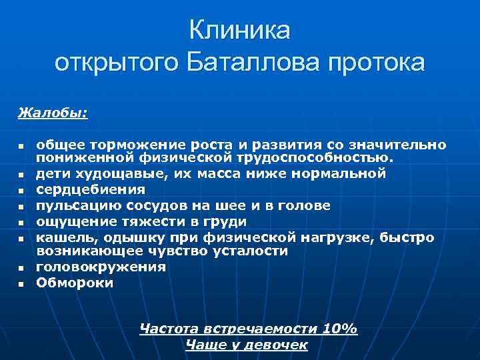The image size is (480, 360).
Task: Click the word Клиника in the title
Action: (x=240, y=30)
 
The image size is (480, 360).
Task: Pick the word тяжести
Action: (x=148, y=221)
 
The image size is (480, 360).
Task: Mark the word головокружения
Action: (x=101, y=267)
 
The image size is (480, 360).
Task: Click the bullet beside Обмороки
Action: (x=21, y=284)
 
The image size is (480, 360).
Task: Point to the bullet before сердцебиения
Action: (x=21, y=191)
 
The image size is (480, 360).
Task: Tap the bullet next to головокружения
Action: (x=21, y=268)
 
